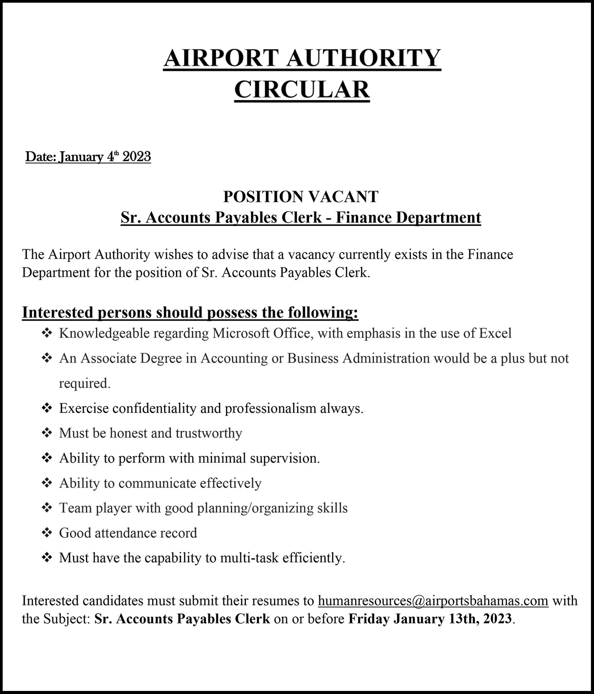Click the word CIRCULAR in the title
pos(302,89)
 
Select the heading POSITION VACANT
pos(301,197)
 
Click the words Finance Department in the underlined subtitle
pos(408,217)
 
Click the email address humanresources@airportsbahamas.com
pos(433,601)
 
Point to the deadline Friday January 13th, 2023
pos(430,618)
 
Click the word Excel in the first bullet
pos(495,333)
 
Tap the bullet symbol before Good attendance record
pos(46,533)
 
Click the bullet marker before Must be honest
pos(46,433)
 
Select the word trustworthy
pos(209,433)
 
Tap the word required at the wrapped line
pos(83,383)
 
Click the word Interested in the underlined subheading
pos(58,312)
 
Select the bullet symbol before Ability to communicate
pos(46,483)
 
